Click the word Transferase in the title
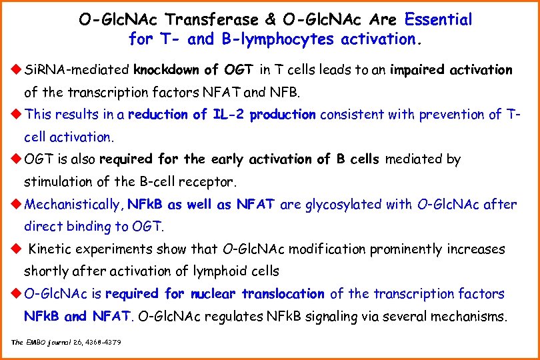click(210, 20)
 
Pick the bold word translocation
click(283, 294)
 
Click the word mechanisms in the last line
click(469, 316)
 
